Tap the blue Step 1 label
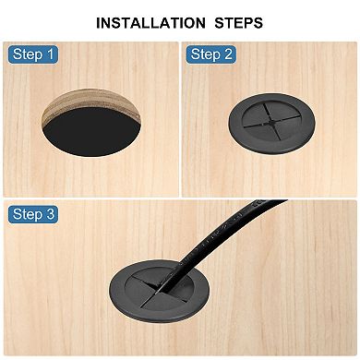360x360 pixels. (33, 54)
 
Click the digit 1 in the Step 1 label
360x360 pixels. (50, 54)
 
